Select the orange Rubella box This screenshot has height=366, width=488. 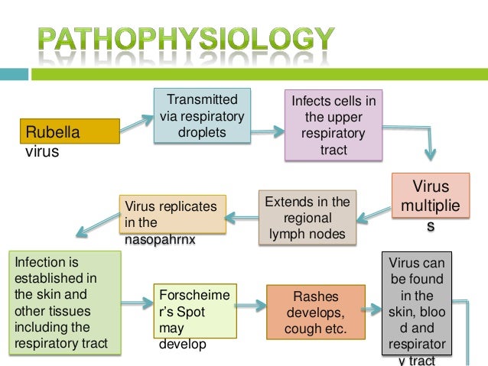tap(70, 131)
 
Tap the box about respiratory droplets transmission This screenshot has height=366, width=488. tap(202, 116)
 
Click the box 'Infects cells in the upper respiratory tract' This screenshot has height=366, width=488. tap(333, 126)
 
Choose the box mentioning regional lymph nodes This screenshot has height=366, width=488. tap(307, 218)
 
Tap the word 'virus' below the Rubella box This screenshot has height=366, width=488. tap(42, 151)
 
